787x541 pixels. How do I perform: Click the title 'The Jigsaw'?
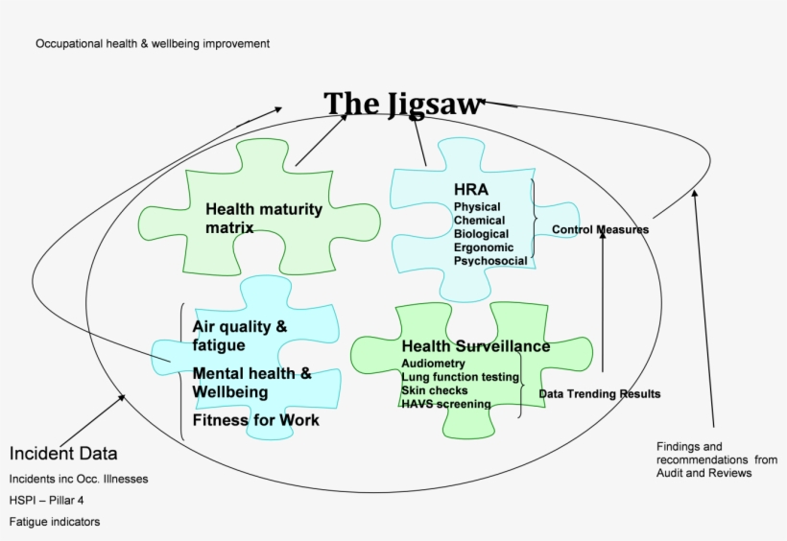pyautogui.click(x=401, y=104)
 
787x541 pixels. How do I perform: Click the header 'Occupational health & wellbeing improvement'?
pyautogui.click(x=153, y=44)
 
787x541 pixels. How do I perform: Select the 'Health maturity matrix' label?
pyautogui.click(x=264, y=218)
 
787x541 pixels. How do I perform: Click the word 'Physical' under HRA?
pyautogui.click(x=477, y=207)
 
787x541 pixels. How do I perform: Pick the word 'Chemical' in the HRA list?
pyautogui.click(x=479, y=221)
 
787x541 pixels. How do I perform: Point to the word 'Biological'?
pyautogui.click(x=481, y=234)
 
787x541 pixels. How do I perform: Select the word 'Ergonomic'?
pyautogui.click(x=484, y=247)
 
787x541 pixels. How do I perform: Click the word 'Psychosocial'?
pyautogui.click(x=490, y=261)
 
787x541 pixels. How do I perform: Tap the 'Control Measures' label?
pyautogui.click(x=600, y=230)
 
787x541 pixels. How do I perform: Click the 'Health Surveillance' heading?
pyautogui.click(x=475, y=346)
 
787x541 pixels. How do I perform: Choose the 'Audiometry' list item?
pyautogui.click(x=433, y=365)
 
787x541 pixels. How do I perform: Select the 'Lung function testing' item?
pyautogui.click(x=460, y=378)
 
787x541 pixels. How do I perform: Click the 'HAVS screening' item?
pyautogui.click(x=445, y=405)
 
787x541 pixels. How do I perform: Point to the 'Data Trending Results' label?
pyautogui.click(x=599, y=394)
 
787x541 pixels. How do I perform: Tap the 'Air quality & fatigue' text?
pyautogui.click(x=240, y=336)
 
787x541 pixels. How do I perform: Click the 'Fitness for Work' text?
pyautogui.click(x=256, y=420)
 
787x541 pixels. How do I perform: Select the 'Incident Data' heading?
pyautogui.click(x=63, y=454)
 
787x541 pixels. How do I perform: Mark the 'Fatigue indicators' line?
pyautogui.click(x=55, y=522)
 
